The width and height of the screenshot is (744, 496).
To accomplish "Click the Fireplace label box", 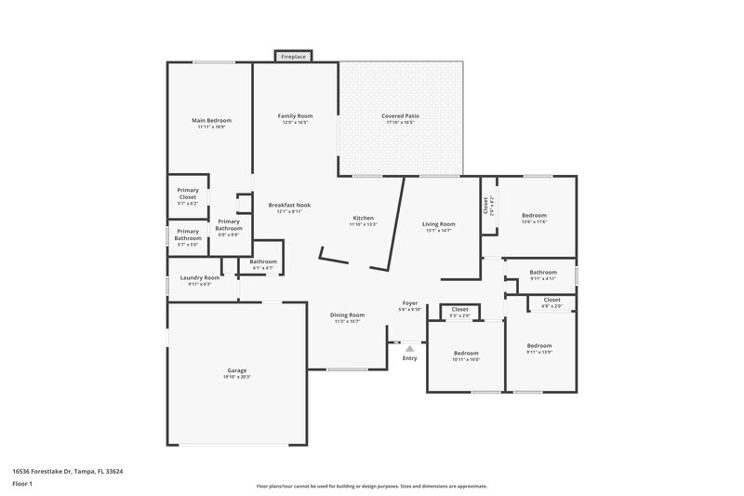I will (x=294, y=57).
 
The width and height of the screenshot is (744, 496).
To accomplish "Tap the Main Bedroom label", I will (x=211, y=121).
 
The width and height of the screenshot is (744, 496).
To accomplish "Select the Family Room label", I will (x=295, y=116).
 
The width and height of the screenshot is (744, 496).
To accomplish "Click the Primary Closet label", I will (x=188, y=194).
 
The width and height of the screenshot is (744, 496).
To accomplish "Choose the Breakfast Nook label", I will (x=289, y=205).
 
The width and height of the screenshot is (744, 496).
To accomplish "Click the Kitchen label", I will (x=362, y=218).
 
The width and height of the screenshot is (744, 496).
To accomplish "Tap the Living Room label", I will (x=438, y=224).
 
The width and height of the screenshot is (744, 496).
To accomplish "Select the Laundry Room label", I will (x=199, y=277).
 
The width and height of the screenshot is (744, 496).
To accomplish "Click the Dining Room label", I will (x=347, y=315).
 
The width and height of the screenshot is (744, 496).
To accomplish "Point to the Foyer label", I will (x=409, y=303).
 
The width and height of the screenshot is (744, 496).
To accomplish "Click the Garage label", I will (x=237, y=370).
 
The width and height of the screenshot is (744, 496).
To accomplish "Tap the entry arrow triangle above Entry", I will (x=409, y=348).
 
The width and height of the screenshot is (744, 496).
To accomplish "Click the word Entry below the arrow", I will (x=409, y=358).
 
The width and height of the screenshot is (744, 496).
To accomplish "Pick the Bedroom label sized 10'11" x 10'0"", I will (x=466, y=354).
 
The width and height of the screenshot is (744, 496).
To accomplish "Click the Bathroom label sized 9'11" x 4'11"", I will (x=543, y=273).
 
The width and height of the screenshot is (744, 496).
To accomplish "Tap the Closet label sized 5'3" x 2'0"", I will (x=459, y=310).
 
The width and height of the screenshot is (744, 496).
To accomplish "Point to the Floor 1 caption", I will (x=22, y=485).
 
